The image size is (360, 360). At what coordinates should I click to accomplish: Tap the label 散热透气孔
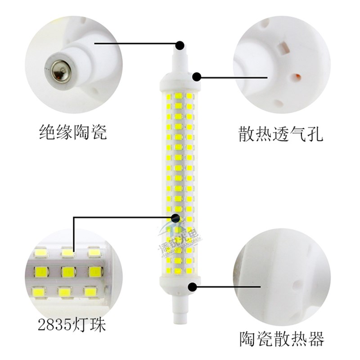tap(281, 135)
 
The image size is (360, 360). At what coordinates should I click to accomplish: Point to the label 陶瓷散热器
tap(282, 339)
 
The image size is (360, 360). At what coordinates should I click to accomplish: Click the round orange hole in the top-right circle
tap(297, 77)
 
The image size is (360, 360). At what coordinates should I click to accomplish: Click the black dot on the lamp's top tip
tap(180, 45)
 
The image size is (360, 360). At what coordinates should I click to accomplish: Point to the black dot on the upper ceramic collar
tap(197, 77)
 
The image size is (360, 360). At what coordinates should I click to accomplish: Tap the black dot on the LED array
tap(175, 218)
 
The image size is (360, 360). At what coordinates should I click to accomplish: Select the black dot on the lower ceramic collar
tap(194, 286)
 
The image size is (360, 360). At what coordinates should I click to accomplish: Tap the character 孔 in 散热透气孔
tap(315, 135)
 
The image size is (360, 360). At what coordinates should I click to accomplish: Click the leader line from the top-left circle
tap(135, 44)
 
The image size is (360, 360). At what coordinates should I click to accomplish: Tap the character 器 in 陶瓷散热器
tap(316, 339)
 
